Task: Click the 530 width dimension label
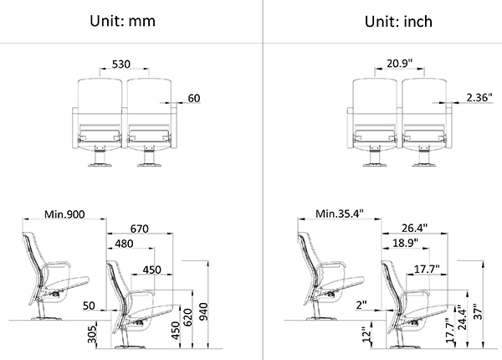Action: tap(121, 64)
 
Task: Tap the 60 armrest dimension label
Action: tap(194, 98)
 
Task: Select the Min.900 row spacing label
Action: tap(64, 214)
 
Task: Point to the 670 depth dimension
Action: tap(139, 229)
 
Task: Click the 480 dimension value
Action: tap(124, 244)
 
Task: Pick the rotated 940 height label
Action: tap(203, 311)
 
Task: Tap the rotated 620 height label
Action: tap(187, 317)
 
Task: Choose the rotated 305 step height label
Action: tap(92, 334)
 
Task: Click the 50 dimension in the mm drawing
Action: tap(89, 306)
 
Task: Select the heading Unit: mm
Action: tap(123, 21)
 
